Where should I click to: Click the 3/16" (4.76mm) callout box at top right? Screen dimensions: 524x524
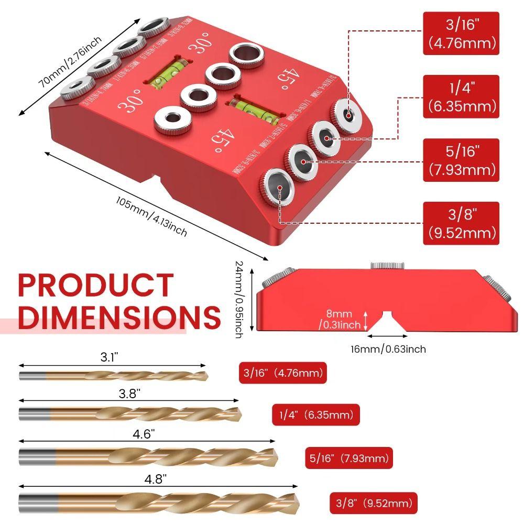point(461,34)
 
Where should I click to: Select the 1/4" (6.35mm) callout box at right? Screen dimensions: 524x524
point(461,96)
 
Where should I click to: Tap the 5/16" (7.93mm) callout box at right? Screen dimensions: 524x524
point(461,160)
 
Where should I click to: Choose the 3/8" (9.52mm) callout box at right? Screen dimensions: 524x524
point(461,223)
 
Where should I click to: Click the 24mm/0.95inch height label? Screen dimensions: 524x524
point(239,299)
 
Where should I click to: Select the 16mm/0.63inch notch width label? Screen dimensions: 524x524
point(388,349)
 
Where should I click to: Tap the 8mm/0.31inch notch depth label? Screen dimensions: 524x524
point(341,319)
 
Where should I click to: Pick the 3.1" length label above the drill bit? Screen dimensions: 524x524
point(110,357)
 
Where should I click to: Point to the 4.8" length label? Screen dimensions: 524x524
point(157,478)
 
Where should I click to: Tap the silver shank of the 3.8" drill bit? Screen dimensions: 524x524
point(34,414)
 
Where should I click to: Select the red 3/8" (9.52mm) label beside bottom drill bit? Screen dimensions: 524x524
point(373,504)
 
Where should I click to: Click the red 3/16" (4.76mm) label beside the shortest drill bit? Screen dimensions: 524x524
point(283,374)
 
